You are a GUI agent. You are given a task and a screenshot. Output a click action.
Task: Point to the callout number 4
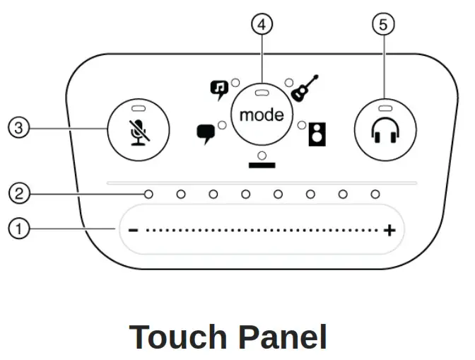pos(262,24)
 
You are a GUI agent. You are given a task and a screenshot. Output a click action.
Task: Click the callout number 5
pos(383,24)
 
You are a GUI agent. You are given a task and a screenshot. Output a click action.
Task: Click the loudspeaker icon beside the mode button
pos(317,134)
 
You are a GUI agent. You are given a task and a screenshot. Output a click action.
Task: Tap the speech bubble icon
pos(206,132)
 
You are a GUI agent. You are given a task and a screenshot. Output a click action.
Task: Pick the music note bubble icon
pos(220,88)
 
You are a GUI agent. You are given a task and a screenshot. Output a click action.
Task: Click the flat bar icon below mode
pos(262,166)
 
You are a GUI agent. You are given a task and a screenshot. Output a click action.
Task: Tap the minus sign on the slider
pos(132,231)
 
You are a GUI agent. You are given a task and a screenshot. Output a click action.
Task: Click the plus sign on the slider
pos(389,231)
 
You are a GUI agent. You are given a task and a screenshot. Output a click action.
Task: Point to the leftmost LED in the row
pos(148,194)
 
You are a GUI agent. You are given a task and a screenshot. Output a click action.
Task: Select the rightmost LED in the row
pos(375,194)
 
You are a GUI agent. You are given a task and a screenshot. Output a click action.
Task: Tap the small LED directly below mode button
pos(262,155)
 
